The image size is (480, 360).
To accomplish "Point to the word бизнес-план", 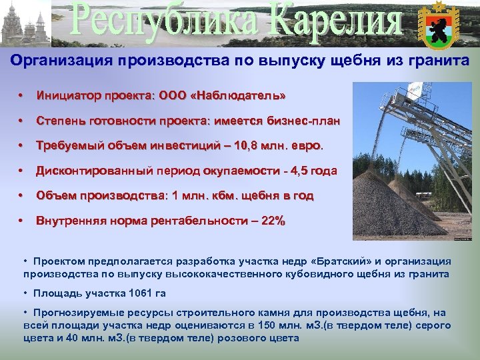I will (307, 121).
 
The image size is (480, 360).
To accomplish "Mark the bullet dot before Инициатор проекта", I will (23, 97).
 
